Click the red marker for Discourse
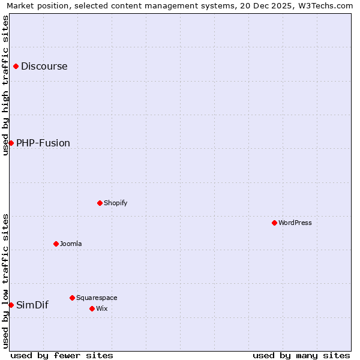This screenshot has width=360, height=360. [16, 66]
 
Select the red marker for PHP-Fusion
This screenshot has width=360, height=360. [11, 143]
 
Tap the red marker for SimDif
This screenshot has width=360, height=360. [11, 305]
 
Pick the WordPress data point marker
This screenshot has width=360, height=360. [274, 223]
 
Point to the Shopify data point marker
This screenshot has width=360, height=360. [100, 203]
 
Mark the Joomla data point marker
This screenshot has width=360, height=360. [56, 244]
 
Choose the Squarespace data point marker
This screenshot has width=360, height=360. [72, 298]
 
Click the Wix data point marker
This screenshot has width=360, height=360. [92, 308]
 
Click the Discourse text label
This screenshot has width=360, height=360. [44, 66]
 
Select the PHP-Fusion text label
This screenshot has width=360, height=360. [43, 143]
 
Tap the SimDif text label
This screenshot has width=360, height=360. [32, 305]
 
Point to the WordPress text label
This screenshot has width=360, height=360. [295, 223]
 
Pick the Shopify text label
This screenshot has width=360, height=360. [116, 203]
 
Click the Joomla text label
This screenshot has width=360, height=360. [71, 244]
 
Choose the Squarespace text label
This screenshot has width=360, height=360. [97, 298]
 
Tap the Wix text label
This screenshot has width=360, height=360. [101, 308]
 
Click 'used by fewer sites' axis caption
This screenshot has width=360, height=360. [62, 355]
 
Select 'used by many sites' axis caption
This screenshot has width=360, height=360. [301, 355]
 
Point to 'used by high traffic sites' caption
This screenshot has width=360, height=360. [5, 85]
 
